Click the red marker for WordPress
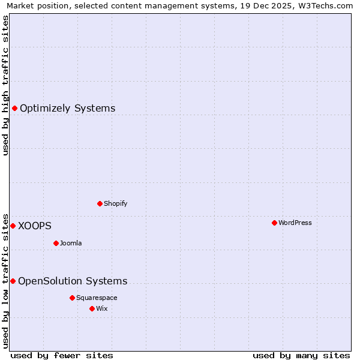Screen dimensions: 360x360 pyautogui.click(x=274, y=223)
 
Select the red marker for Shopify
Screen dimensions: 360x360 pyautogui.click(x=100, y=203)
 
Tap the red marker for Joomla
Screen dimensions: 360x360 pyautogui.click(x=56, y=243)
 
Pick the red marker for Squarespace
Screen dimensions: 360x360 pyautogui.click(x=72, y=298)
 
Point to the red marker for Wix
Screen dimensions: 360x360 pyautogui.click(x=92, y=308)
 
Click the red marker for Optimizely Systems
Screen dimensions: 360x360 pyautogui.click(x=14, y=108)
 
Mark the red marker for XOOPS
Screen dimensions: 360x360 pyautogui.click(x=13, y=226)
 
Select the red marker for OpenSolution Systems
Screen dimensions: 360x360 pyautogui.click(x=13, y=281)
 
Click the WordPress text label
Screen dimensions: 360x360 pyautogui.click(x=295, y=223)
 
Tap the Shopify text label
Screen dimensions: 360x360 pyautogui.click(x=116, y=203)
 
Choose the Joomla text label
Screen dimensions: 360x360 pyautogui.click(x=71, y=243)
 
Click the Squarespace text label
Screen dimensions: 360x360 pyautogui.click(x=97, y=298)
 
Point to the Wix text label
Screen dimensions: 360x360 pyautogui.click(x=102, y=308)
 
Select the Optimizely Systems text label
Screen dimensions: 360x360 pyautogui.click(x=68, y=108)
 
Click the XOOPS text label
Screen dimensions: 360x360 pyautogui.click(x=35, y=226)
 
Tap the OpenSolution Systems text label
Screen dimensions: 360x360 pyautogui.click(x=73, y=281)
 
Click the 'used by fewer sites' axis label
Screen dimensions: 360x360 pyautogui.click(x=62, y=355)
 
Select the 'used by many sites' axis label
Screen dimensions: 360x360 pyautogui.click(x=301, y=355)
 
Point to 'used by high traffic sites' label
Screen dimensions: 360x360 pyautogui.click(x=5, y=85)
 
